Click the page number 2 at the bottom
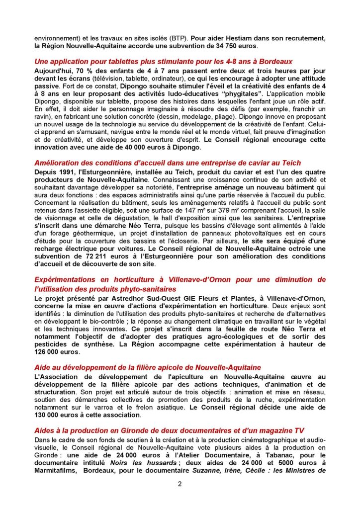pos(180,485)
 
